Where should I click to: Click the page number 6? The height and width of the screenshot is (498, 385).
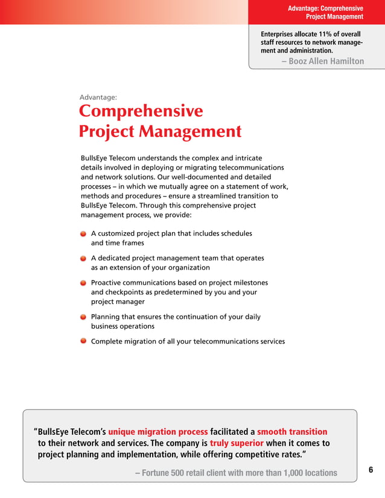tap(371, 470)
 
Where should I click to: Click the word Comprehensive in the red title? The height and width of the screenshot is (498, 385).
tap(141, 112)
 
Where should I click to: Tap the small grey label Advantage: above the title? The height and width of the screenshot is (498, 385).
tap(98, 97)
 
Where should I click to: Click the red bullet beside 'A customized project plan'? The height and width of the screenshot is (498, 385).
tap(83, 233)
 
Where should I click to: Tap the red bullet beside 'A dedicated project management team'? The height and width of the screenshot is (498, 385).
tap(83, 258)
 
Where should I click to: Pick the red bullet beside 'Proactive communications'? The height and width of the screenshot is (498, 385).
tap(83, 283)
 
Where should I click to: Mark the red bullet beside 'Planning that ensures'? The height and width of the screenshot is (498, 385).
tap(83, 317)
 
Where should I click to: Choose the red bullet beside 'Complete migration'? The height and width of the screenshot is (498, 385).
tap(83, 341)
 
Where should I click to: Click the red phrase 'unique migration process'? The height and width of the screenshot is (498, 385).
tap(158, 432)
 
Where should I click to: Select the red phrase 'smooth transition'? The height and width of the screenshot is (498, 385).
tap(292, 432)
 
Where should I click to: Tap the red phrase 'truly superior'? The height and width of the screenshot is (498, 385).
tap(237, 443)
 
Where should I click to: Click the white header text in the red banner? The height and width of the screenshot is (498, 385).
tap(326, 13)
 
